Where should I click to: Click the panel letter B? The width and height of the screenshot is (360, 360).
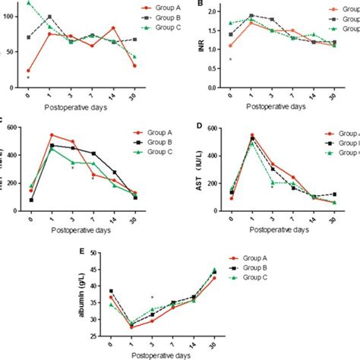(x=200, y=5)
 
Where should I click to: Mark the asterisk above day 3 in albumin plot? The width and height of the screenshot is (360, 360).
(x=153, y=298)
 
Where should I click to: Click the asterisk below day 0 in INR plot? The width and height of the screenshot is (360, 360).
(x=230, y=59)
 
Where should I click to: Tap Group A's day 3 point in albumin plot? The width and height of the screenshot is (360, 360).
(x=153, y=321)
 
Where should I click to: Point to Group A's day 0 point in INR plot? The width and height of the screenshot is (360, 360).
(x=230, y=46)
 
